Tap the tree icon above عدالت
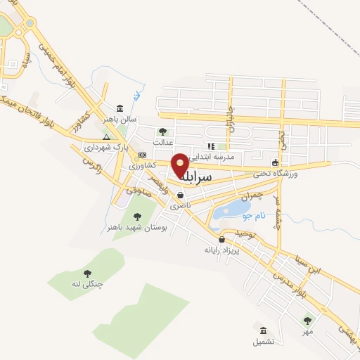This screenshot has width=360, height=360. click(162, 131)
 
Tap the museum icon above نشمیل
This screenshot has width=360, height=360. click(263, 330)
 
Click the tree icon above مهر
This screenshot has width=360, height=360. click(307, 321)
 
